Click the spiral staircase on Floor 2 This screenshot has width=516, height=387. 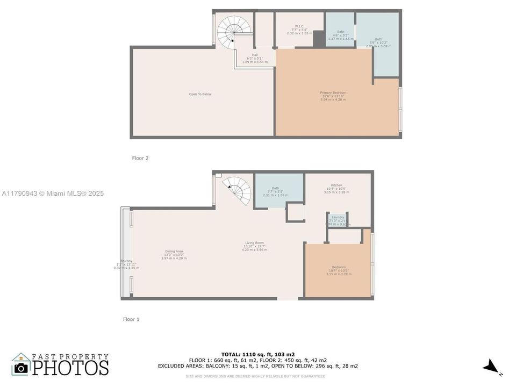232,31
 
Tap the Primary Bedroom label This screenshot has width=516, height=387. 333,96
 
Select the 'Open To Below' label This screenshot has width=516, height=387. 200,94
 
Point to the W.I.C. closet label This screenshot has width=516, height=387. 299,30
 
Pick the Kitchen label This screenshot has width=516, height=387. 336,189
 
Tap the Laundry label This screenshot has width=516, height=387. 338,220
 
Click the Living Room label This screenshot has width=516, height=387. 254,246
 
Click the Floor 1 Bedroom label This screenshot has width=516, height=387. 339,270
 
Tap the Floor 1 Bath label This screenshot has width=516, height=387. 275,191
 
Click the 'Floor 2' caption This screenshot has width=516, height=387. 140,158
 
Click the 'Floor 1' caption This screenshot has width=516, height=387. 131,319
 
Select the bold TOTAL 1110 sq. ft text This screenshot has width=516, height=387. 257,354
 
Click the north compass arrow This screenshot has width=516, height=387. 491,368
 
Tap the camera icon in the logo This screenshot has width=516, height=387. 21,368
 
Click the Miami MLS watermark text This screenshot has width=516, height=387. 53,193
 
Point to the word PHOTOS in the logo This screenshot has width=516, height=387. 70,368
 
